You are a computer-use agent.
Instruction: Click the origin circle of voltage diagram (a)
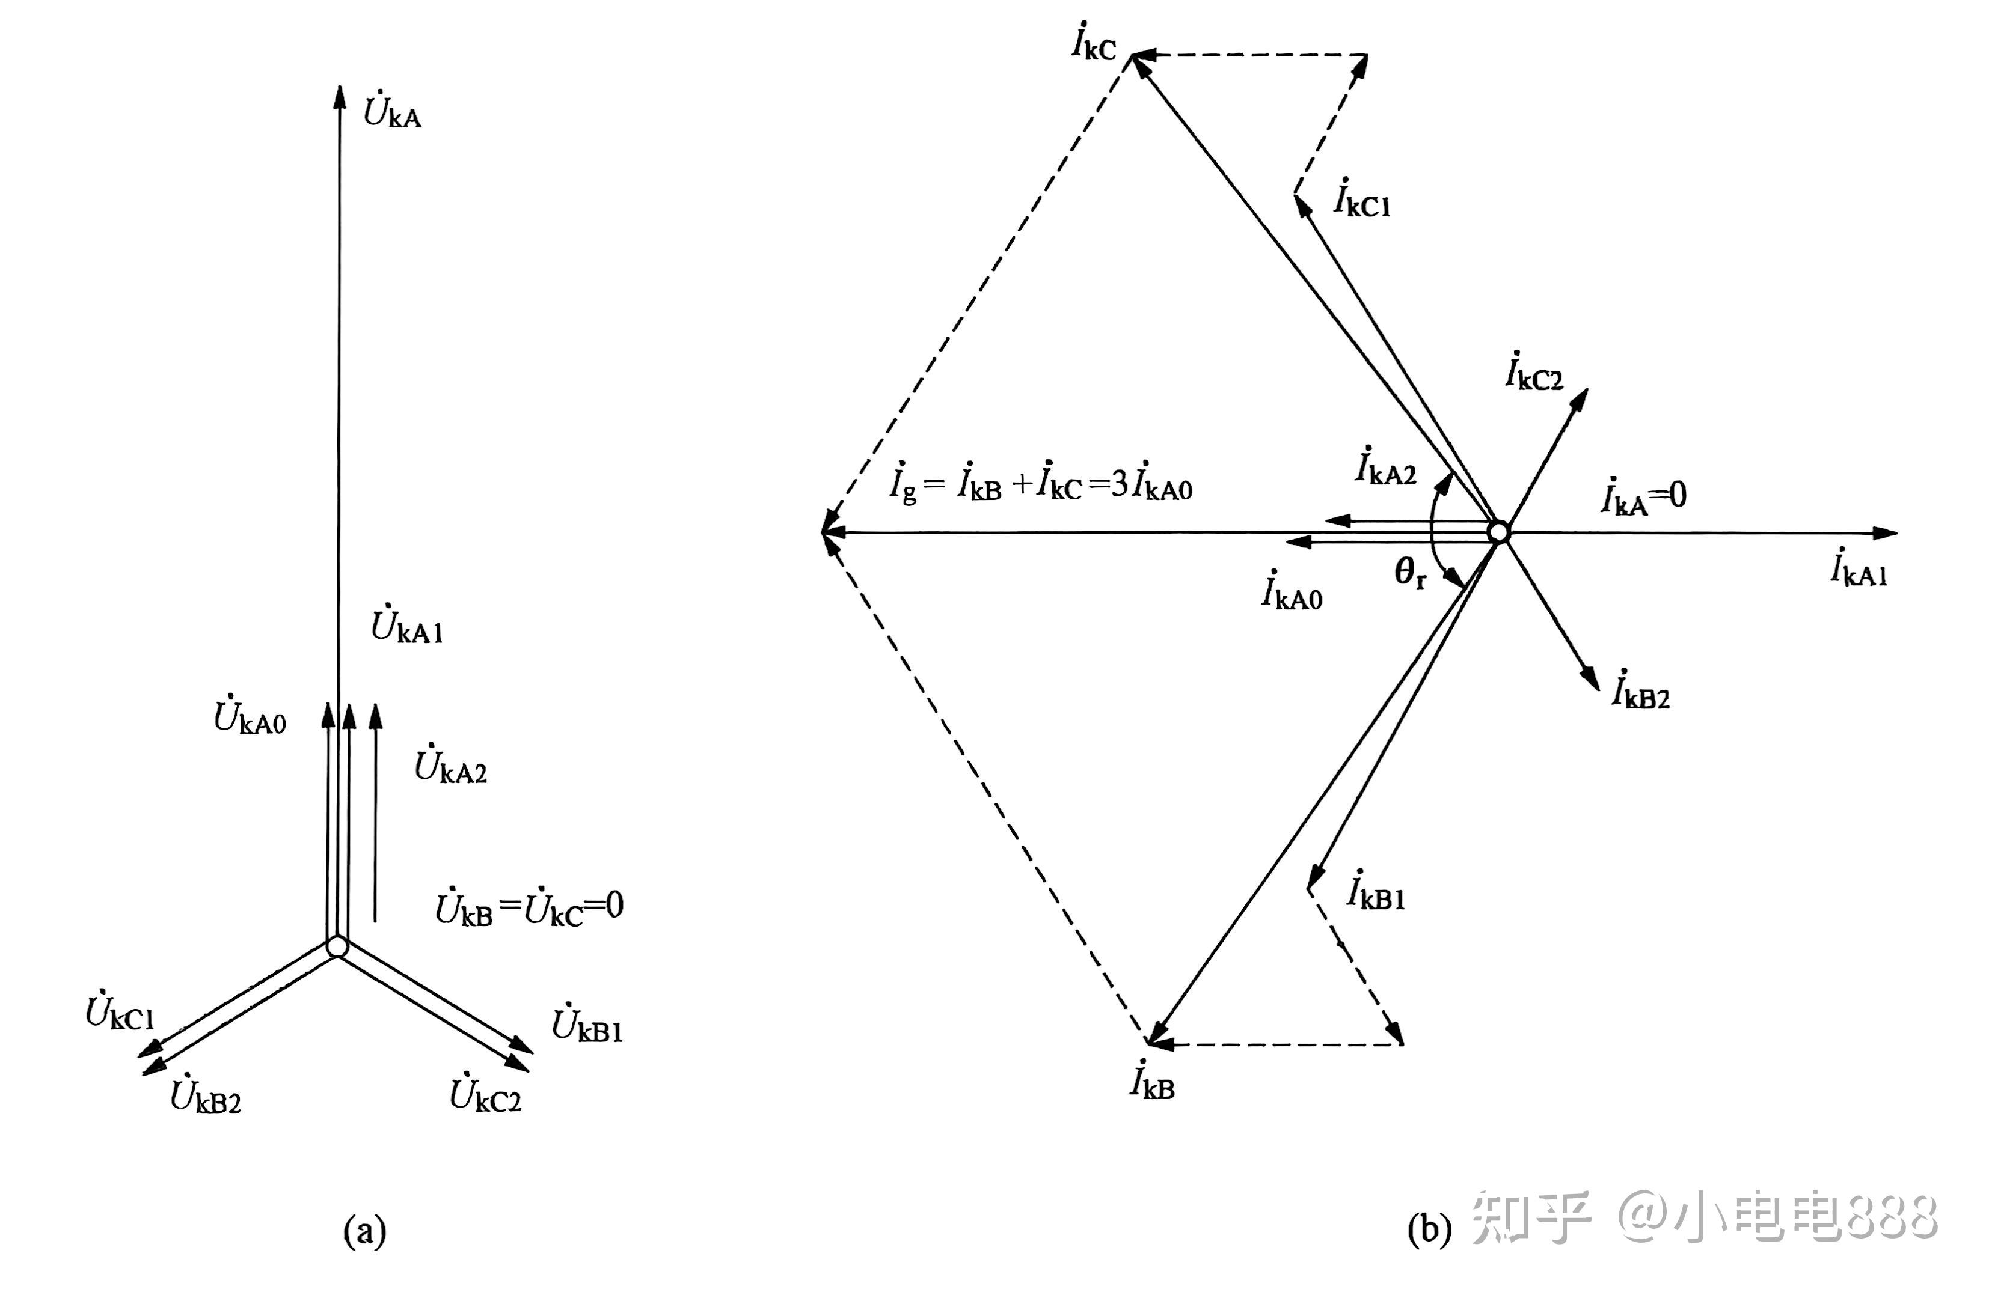pyautogui.click(x=337, y=946)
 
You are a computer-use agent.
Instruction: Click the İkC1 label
pyautogui.click(x=1362, y=199)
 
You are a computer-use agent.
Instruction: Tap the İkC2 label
pyautogui.click(x=1534, y=372)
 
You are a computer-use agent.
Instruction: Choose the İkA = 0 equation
pyautogui.click(x=1644, y=497)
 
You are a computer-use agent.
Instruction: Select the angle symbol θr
pyautogui.click(x=1410, y=573)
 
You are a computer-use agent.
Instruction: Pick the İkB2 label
pyautogui.click(x=1640, y=690)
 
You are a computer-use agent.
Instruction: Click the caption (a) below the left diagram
pyautogui.click(x=365, y=1231)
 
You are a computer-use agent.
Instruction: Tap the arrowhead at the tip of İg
pyautogui.click(x=832, y=531)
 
